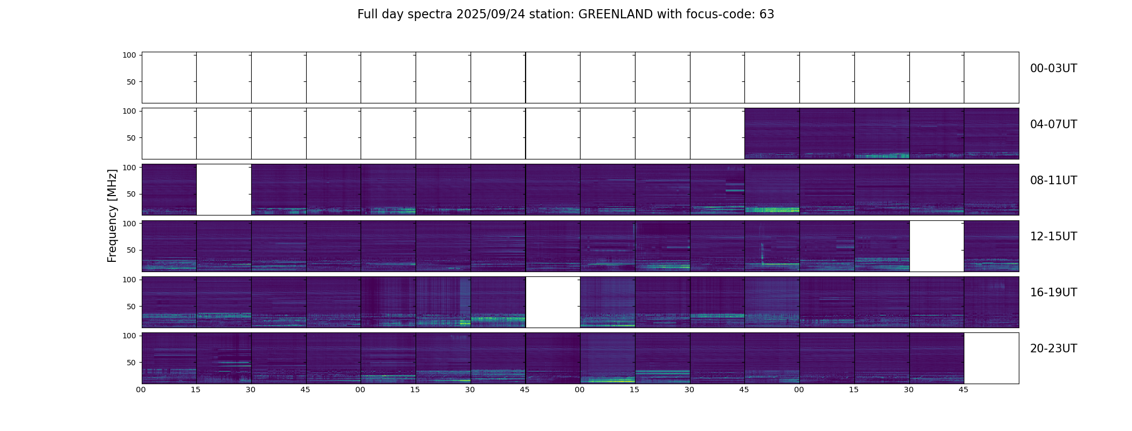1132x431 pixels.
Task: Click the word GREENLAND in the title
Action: pos(616,15)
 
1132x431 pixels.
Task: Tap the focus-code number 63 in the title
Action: pos(767,15)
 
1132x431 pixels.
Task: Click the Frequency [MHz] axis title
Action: pos(112,215)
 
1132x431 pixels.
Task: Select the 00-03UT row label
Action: pos(1053,68)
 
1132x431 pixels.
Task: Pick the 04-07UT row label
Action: pos(1053,124)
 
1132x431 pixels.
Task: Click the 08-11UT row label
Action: pos(1053,180)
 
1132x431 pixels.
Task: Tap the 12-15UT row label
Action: pos(1053,237)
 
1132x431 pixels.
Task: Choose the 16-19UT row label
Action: pos(1053,293)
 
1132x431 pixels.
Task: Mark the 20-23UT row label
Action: pos(1053,349)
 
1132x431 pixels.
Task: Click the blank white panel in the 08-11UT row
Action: pos(224,190)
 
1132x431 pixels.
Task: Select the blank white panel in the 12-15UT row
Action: pos(936,246)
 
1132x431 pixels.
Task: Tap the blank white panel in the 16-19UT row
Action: pos(553,302)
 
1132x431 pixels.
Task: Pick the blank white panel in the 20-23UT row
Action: pos(991,358)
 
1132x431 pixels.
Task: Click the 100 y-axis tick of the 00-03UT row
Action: pos(129,55)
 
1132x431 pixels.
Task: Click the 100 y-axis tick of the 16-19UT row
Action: pos(129,280)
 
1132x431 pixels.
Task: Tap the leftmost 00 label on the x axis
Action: pos(141,390)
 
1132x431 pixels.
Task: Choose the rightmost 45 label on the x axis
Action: pos(963,390)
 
